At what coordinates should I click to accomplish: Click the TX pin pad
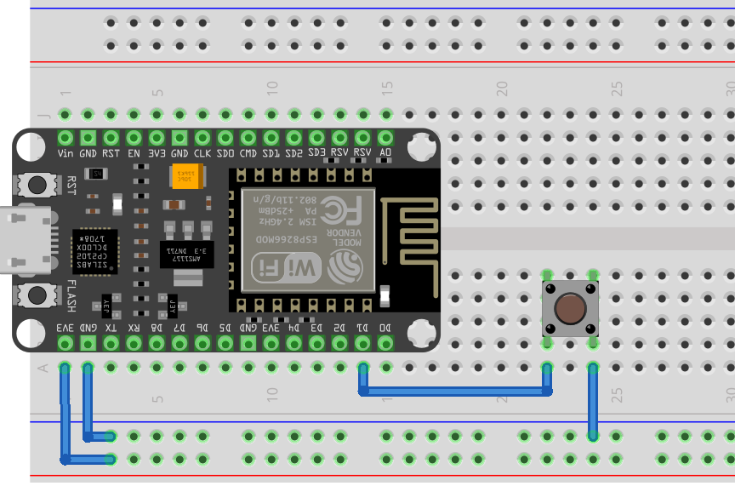111,342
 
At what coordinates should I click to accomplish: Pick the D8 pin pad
157,342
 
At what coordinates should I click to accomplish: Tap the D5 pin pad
225,342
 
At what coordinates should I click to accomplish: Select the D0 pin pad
385,342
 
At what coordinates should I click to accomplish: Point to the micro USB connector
21,241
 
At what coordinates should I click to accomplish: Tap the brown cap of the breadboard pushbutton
570,308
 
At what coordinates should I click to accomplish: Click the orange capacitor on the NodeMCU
185,176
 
